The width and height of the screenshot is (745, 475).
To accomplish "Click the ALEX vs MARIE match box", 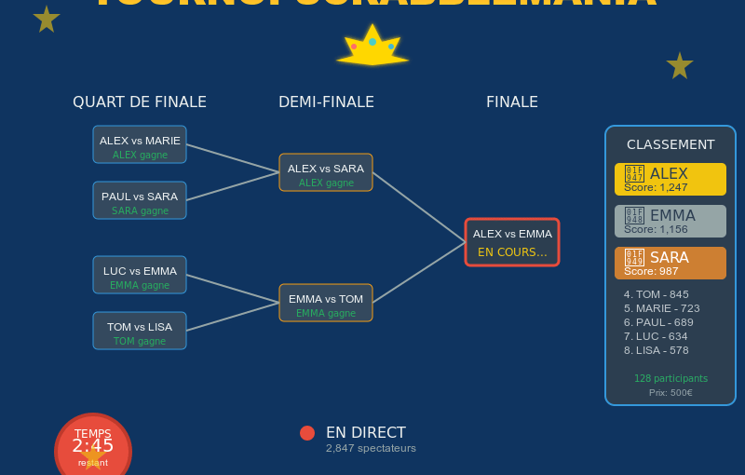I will [140, 144].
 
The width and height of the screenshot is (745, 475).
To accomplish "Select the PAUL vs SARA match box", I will [140, 200].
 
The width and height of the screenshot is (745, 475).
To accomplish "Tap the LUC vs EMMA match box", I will [140, 275].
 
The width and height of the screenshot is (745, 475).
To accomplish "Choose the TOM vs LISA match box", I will [140, 331].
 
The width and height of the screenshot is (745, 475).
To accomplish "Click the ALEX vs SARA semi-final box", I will [326, 172].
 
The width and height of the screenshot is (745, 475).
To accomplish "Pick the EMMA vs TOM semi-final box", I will [326, 303].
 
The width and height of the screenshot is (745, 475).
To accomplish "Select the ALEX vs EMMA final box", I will [512, 242].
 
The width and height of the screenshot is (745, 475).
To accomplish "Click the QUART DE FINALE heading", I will [140, 102].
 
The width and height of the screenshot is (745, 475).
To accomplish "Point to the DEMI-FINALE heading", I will [326, 102].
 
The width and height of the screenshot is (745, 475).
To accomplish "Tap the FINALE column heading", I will [512, 102].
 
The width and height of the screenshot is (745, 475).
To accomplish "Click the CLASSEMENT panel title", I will [670, 144].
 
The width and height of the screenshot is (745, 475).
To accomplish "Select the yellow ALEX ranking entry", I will [670, 179].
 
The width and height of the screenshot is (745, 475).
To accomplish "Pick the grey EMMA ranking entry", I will [670, 221].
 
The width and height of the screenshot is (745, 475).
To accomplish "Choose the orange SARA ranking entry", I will [670, 263].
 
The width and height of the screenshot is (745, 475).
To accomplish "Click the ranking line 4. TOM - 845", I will [657, 294].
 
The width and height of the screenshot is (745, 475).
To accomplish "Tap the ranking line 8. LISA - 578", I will [657, 350].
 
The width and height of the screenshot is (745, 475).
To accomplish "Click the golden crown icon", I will [372, 47].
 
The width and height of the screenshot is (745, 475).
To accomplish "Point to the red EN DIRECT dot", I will [307, 433].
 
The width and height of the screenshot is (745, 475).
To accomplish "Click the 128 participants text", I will [670, 378].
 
